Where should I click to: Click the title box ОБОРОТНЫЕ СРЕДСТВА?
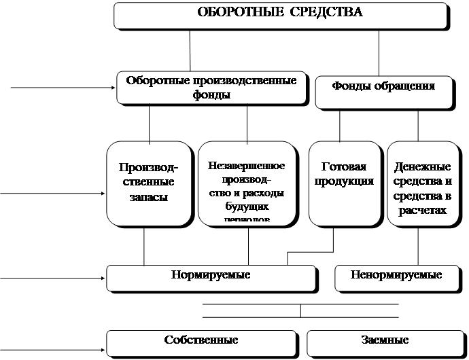click(x=280, y=14)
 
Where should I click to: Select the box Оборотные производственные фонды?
click(x=211, y=88)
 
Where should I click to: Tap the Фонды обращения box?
click(x=383, y=92)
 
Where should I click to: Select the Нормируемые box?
click(x=211, y=276)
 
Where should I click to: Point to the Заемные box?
click(x=384, y=340)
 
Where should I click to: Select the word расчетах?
click(x=423, y=211)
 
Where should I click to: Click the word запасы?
click(x=148, y=198)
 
